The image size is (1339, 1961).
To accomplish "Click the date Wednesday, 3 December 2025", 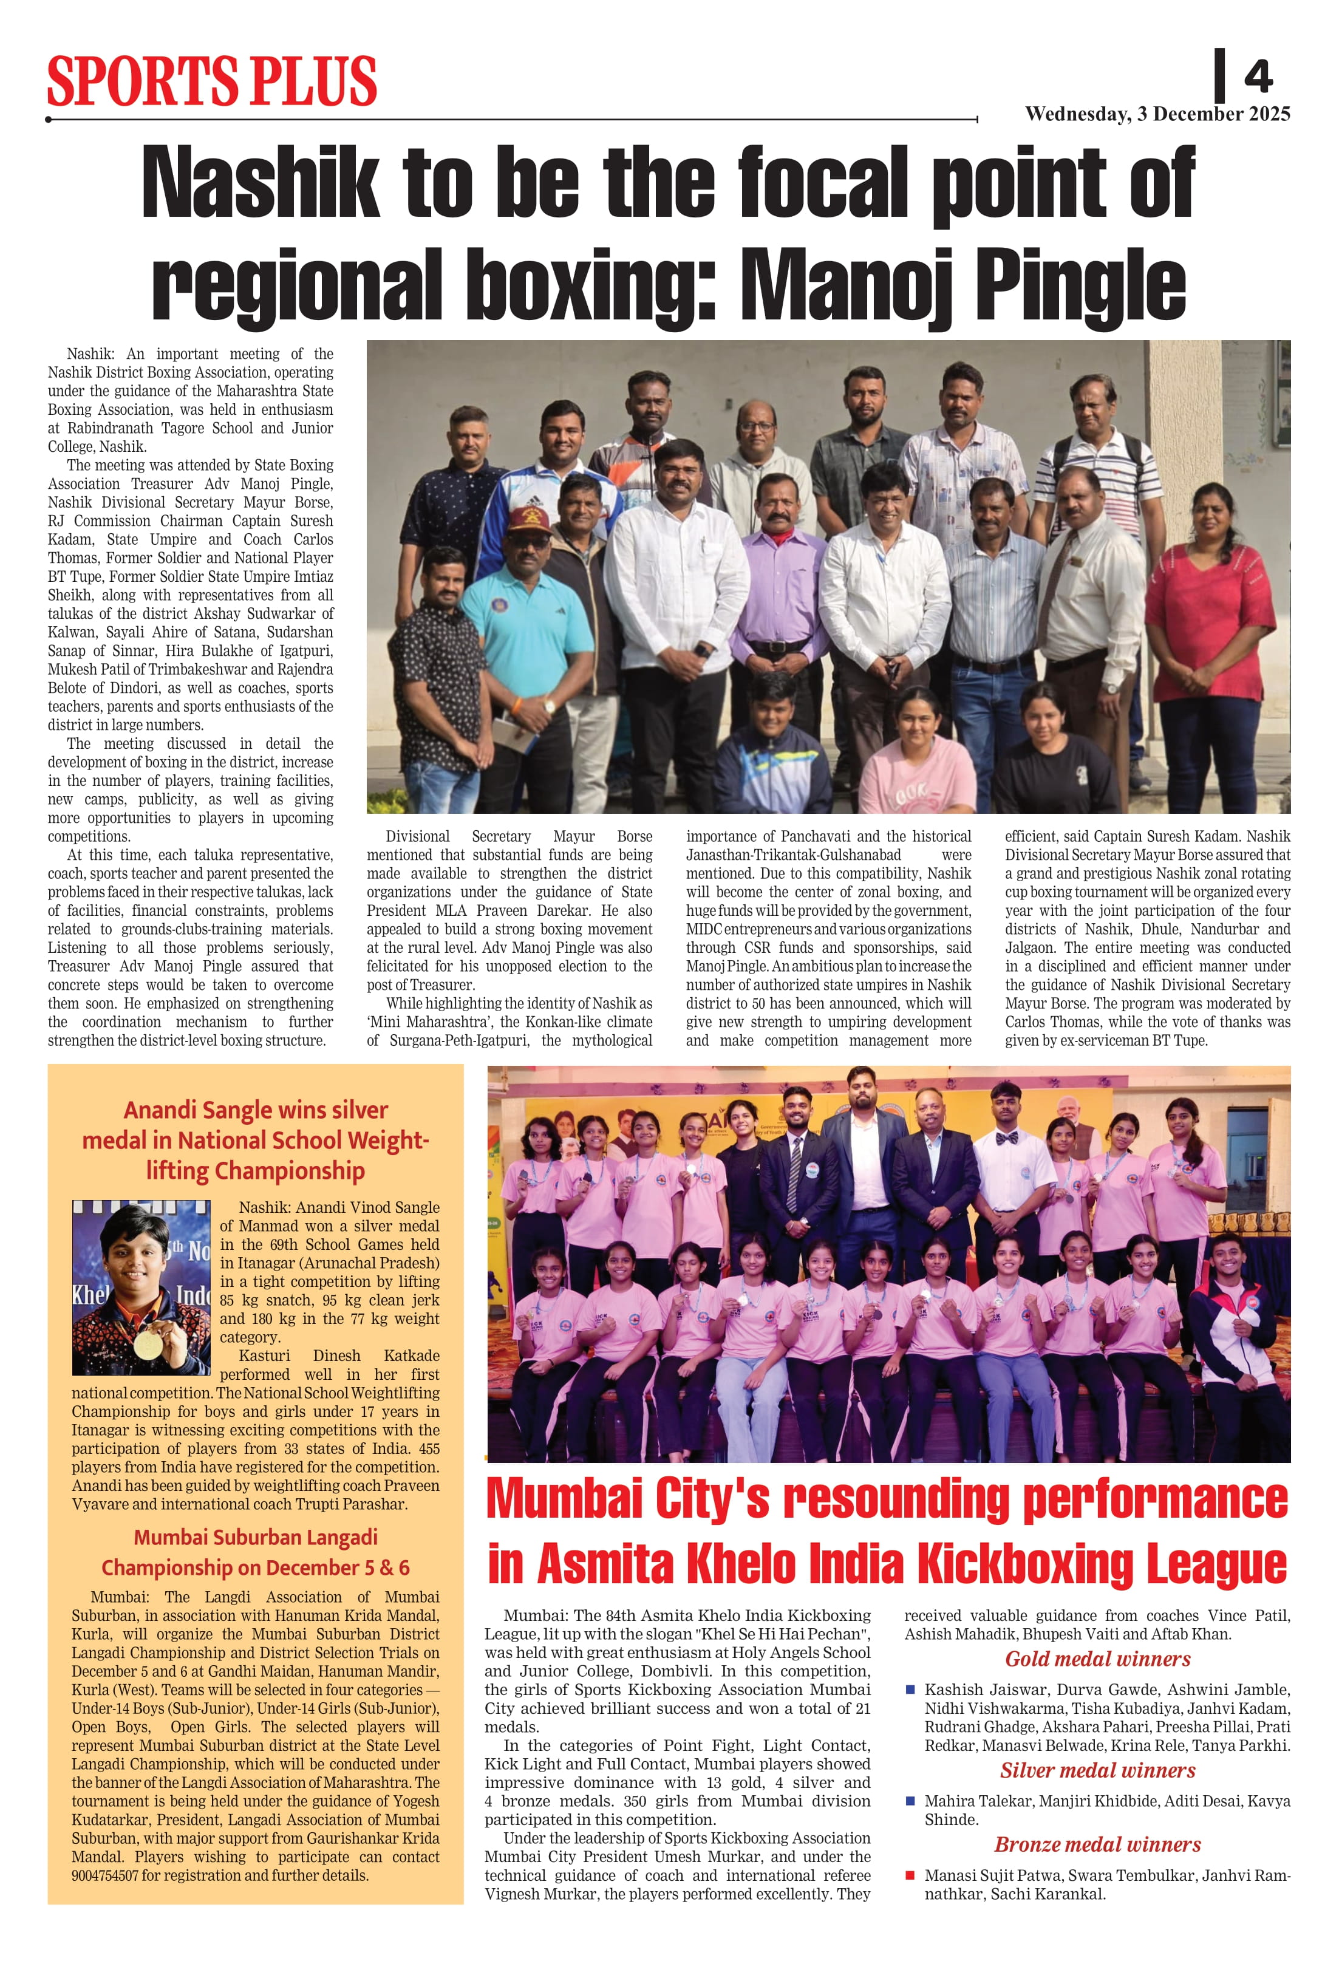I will coord(1157,114).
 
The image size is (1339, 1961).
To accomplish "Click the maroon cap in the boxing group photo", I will coord(529,518).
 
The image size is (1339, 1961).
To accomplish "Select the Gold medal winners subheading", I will coord(1097,1659).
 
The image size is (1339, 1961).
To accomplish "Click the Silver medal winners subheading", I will coord(1097,1770).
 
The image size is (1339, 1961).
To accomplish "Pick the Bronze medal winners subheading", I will coord(1097,1844).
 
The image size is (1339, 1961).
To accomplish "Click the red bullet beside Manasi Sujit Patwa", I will coord(910,1875).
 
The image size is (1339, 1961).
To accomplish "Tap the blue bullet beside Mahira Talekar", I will coord(910,1801).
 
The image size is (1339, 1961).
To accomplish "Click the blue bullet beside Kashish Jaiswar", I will coord(910,1690).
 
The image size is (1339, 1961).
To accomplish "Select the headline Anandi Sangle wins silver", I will coord(256,1110).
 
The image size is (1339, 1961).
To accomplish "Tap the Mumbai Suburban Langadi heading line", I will coord(256,1538).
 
